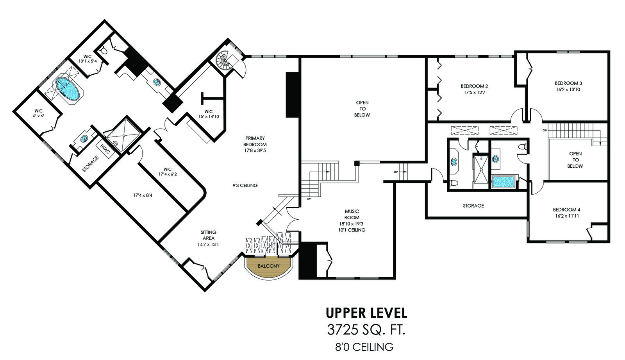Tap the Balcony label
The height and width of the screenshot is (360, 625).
[268, 266]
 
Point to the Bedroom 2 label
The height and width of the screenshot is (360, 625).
[474, 86]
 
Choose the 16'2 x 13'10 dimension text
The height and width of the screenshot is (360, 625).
[568, 90]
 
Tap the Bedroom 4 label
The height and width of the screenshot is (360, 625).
[566, 210]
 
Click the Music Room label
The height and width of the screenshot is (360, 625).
[352, 214]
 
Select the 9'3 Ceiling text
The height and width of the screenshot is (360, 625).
[245, 185]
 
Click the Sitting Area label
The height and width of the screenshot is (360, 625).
[209, 235]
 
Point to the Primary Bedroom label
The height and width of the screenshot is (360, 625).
[255, 141]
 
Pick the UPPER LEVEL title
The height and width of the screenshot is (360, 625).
[366, 313]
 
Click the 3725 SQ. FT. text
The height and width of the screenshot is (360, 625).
[366, 330]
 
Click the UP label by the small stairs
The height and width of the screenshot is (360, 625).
[396, 172]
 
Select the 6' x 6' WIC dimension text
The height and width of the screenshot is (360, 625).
[39, 116]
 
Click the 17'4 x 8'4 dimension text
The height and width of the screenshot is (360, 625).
[143, 195]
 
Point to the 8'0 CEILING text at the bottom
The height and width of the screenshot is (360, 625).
[364, 347]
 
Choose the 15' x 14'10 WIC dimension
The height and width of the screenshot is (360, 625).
[209, 116]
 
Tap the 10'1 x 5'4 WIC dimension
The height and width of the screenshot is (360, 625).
[87, 61]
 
